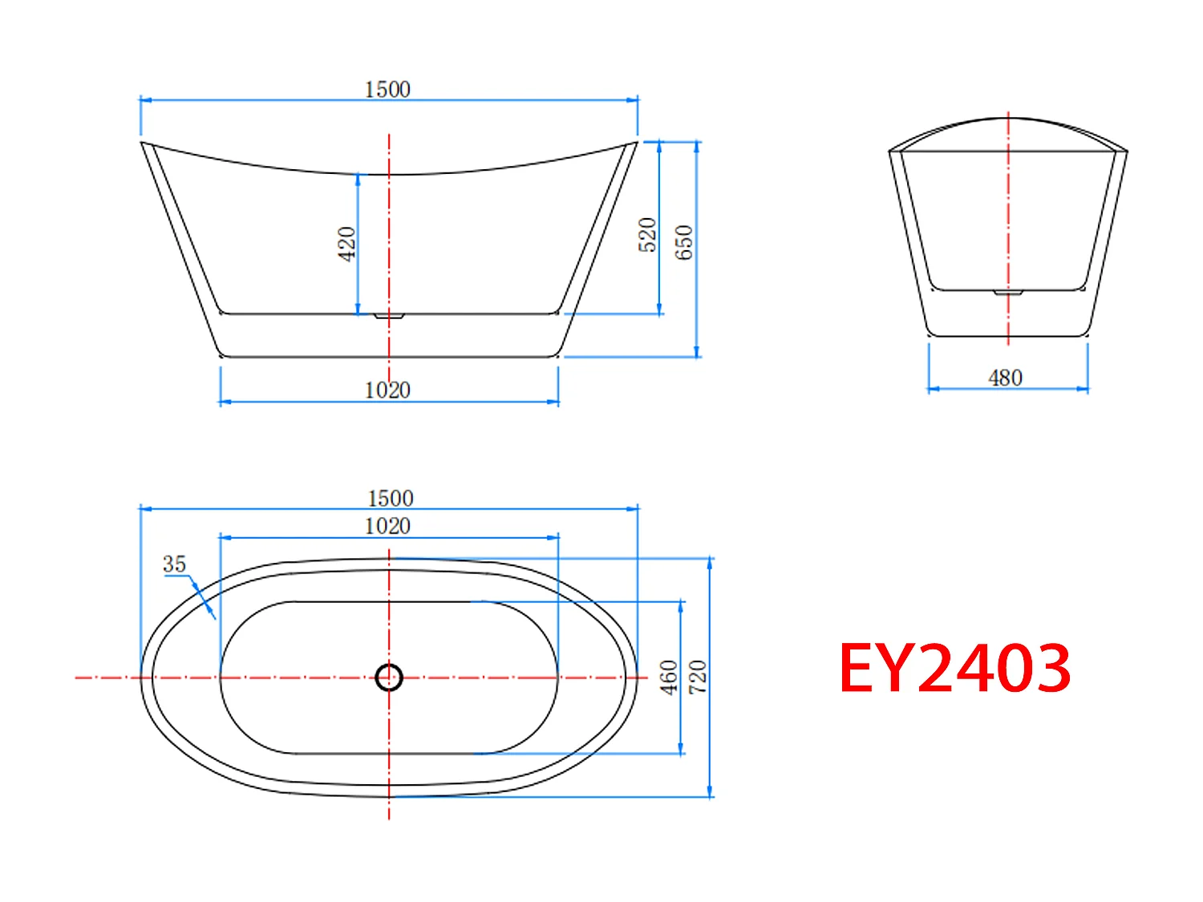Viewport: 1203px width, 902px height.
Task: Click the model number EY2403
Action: coord(954,668)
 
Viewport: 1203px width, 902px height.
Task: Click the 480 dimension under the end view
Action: coord(1005,378)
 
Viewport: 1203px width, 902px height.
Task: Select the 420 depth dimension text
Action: coord(346,244)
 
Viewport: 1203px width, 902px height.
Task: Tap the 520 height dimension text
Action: coord(648,235)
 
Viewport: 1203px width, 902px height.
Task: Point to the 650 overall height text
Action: coord(683,242)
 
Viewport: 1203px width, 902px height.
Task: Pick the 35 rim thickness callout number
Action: coord(174,564)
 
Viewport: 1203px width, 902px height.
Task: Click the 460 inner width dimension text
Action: coord(669,678)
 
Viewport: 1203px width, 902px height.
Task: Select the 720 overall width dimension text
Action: coord(698,678)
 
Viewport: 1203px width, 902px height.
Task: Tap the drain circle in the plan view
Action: coord(389,678)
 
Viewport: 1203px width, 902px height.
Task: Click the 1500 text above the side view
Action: coord(387,89)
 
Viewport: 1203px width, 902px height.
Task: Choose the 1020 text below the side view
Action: coord(387,390)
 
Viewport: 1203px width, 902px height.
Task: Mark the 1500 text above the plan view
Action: coord(391,498)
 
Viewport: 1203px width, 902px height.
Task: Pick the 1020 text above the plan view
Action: coord(387,526)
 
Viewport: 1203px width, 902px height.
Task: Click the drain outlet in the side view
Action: coord(389,316)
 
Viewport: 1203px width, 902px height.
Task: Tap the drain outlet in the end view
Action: coord(1008,293)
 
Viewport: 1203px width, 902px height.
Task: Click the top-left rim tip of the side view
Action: coord(143,144)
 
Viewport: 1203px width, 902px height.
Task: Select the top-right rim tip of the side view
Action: coord(636,144)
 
